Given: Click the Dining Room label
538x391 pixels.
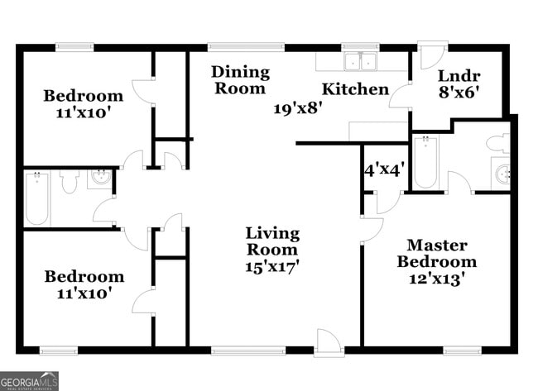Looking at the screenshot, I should (x=240, y=79).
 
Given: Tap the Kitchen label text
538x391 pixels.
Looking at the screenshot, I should (x=355, y=88).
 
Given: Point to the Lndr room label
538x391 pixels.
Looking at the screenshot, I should (x=458, y=75).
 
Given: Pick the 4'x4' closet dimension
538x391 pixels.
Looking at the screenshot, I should (x=383, y=170).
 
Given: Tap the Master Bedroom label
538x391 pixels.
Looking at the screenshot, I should (x=436, y=254).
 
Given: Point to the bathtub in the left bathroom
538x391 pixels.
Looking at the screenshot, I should (x=37, y=199).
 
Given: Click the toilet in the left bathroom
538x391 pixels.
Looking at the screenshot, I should (x=69, y=180).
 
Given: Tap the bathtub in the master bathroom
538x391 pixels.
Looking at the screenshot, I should (x=425, y=163).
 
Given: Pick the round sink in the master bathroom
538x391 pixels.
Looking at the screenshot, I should (x=502, y=174).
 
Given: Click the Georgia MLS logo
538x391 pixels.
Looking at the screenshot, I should (x=30, y=381).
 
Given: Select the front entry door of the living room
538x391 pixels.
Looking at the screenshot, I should (x=328, y=343).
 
